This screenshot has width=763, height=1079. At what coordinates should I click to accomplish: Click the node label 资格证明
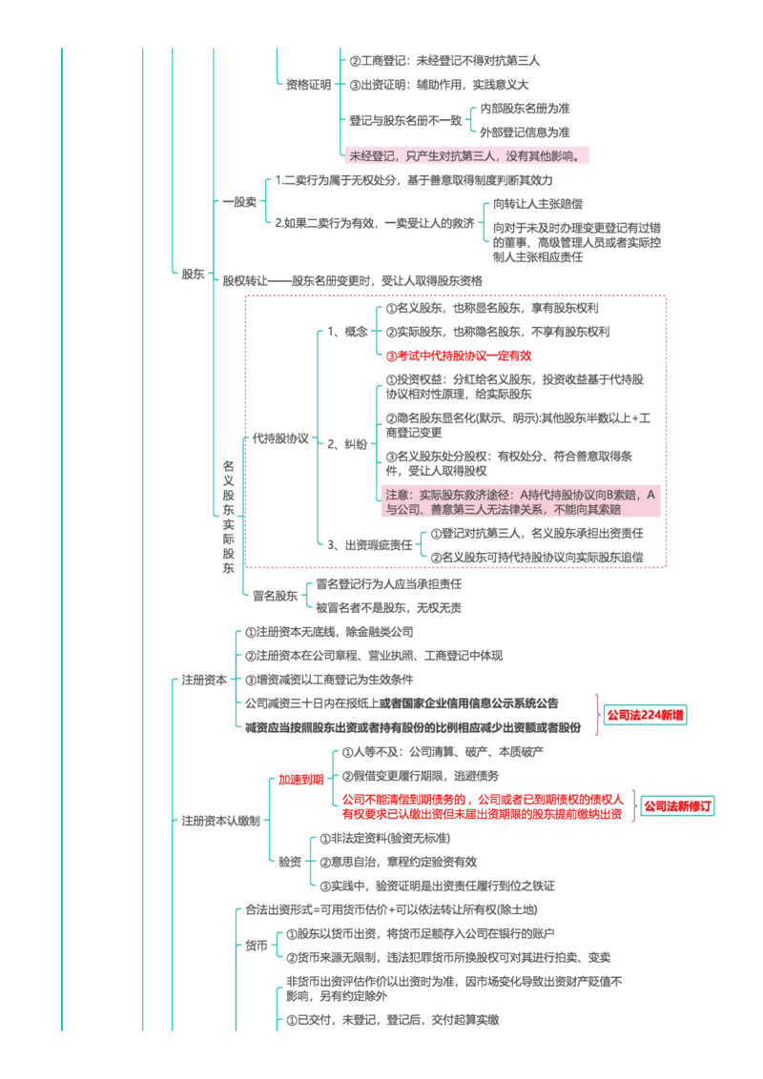308,85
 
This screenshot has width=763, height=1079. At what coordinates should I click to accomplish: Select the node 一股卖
239,202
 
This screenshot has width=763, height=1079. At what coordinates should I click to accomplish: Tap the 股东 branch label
193,274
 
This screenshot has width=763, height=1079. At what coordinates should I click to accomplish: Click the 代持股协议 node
280,438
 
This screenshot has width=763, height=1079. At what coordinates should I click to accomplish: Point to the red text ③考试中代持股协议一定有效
459,356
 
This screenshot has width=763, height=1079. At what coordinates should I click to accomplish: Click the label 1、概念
347,332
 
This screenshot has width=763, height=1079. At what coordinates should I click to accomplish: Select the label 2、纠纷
347,444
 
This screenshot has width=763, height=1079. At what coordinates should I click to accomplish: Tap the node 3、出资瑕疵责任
370,545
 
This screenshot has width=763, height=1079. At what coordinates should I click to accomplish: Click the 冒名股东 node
275,596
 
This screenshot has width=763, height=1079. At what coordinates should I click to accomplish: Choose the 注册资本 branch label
204,680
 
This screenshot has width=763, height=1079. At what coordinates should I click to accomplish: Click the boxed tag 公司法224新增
646,715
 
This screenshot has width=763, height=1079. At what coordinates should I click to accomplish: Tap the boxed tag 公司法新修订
677,805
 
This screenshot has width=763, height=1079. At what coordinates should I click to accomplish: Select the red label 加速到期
301,780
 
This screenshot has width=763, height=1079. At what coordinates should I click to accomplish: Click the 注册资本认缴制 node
221,821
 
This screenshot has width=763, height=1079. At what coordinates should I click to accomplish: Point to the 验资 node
290,862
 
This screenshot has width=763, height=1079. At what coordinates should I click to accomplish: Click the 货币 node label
257,946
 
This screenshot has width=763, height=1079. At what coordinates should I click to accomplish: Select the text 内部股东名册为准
525,109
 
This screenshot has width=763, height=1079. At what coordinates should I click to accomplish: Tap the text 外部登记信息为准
525,132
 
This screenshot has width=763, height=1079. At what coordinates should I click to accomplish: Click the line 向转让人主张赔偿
538,204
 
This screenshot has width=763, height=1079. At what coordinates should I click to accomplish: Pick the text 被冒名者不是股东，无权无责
389,607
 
